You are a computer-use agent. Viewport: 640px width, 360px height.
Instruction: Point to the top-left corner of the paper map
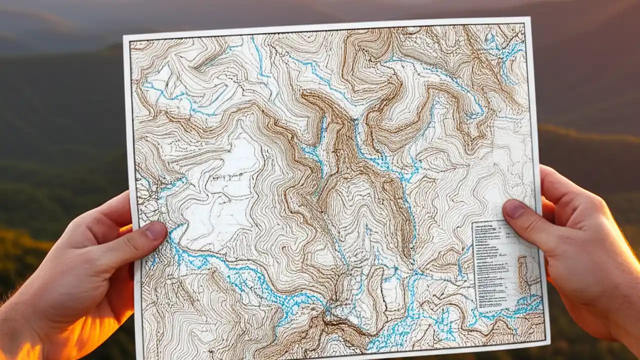125,37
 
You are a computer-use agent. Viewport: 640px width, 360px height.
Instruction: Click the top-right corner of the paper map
529,19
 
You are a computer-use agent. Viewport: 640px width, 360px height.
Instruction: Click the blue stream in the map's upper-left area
165,92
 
